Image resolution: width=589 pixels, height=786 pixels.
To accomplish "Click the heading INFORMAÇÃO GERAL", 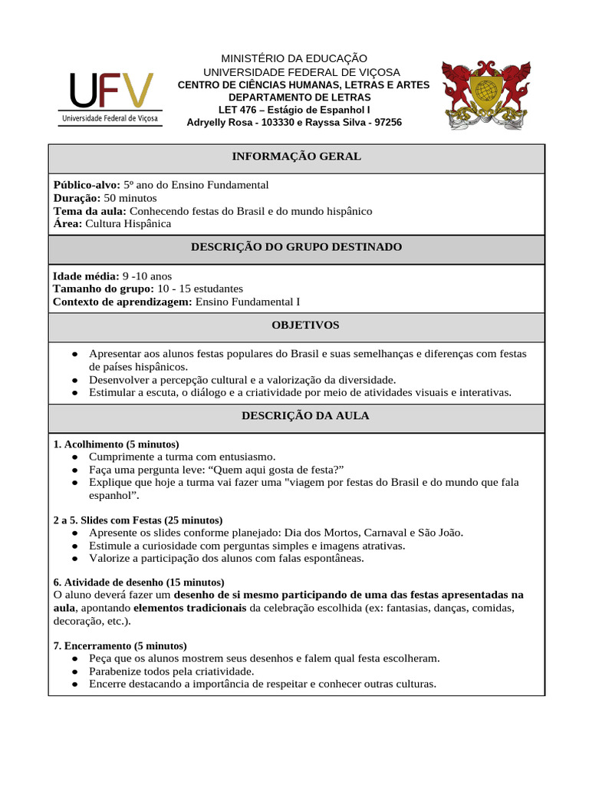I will [x=296, y=157].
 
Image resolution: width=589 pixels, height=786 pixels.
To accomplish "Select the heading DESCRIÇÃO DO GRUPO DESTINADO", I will [x=296, y=247].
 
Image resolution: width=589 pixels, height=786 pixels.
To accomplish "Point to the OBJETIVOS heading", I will [x=296, y=325].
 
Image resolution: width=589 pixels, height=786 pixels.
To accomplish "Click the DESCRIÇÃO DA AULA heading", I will [x=296, y=416].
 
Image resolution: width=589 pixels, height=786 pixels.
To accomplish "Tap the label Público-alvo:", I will [x=87, y=185].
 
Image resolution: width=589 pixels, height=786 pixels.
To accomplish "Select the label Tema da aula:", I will [x=90, y=211].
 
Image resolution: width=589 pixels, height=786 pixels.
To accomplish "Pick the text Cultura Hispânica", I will [x=128, y=224].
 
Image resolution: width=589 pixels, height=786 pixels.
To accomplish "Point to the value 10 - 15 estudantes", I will [x=200, y=289].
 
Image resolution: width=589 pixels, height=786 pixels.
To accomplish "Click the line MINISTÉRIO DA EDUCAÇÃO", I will [x=294, y=59].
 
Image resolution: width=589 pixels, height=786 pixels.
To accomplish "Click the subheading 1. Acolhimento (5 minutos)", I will [x=116, y=444].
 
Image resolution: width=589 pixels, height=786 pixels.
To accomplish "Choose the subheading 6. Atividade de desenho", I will [x=139, y=583].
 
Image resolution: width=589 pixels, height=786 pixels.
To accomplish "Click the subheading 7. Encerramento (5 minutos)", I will [x=120, y=646].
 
